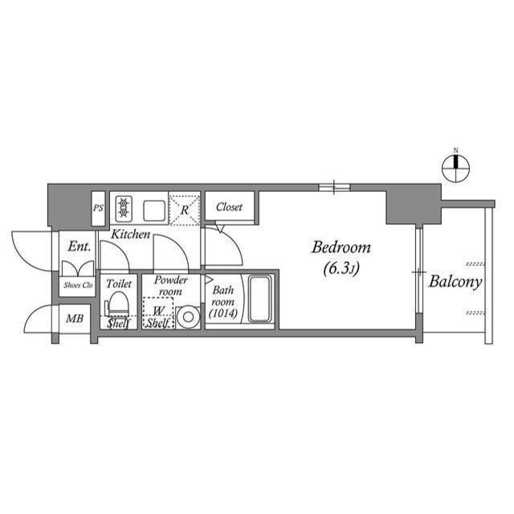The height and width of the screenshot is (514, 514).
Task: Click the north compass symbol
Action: point(455,165)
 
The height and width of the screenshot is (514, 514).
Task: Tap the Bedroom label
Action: point(341,247)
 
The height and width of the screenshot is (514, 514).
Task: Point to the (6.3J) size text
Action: point(341,269)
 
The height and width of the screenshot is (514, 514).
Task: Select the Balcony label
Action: point(455,282)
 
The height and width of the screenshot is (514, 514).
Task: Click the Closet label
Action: point(229,207)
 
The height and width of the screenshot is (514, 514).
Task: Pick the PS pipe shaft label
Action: point(99,209)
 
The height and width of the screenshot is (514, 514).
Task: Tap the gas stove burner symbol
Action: point(124,209)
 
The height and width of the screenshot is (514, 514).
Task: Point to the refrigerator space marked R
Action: point(185,209)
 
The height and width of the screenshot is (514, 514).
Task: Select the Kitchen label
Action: point(130,235)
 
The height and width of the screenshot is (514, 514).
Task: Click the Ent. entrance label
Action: point(78,247)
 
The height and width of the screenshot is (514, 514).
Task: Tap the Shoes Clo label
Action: point(78,285)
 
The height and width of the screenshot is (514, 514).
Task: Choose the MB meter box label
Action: point(74,319)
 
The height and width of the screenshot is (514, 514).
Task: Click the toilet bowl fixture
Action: point(118,306)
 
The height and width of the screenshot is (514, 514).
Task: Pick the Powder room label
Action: point(170,286)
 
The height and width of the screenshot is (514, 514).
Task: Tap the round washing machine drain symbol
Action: point(189,316)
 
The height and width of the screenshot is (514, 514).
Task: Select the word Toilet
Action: point(119,284)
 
